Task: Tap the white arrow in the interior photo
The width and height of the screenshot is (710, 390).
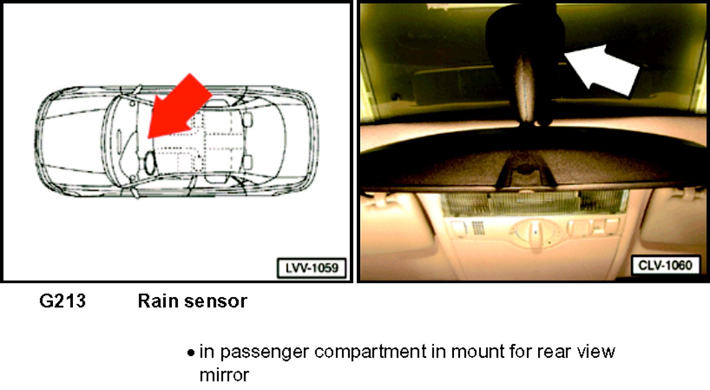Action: pyautogui.click(x=602, y=72)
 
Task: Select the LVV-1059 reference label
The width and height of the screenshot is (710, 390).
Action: pyautogui.click(x=312, y=268)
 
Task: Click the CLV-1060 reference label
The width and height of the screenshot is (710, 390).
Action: pyautogui.click(x=665, y=265)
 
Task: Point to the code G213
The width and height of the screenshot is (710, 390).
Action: pyautogui.click(x=62, y=301)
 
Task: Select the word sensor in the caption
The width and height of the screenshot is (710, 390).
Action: pyautogui.click(x=216, y=301)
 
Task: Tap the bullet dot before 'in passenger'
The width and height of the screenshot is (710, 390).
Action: pyautogui.click(x=190, y=353)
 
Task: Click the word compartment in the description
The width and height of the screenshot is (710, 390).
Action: pyautogui.click(x=370, y=353)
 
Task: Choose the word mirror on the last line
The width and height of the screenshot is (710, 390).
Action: pyautogui.click(x=224, y=375)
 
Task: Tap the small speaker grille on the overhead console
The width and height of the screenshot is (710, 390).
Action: pyautogui.click(x=478, y=228)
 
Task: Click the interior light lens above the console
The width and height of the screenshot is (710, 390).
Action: pyautogui.click(x=534, y=203)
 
